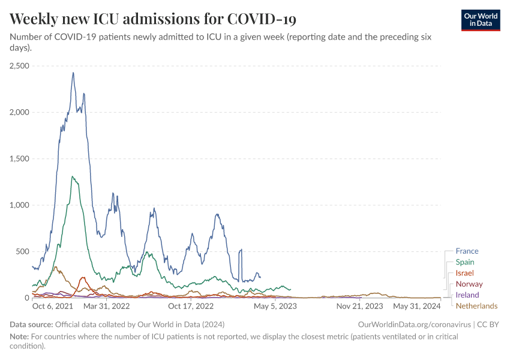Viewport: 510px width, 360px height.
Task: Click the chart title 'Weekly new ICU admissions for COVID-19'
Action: [x=153, y=19]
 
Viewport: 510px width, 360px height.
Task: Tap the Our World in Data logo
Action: [x=481, y=20]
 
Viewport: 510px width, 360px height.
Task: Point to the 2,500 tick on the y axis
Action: [x=20, y=66]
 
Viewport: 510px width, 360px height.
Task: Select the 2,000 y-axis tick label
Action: [x=20, y=112]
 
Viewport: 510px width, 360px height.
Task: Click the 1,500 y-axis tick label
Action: [x=20, y=158]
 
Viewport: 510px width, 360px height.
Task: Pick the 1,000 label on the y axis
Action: [x=20, y=205]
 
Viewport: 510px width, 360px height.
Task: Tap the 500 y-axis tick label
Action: [x=23, y=251]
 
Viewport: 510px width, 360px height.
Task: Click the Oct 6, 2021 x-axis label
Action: [x=52, y=306]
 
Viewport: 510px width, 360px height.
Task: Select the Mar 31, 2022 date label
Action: [x=107, y=306]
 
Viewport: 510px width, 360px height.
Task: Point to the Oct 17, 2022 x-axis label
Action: [x=191, y=306]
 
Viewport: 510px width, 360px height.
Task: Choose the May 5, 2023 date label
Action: [x=275, y=306]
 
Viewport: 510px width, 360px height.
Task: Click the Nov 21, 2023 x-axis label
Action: [x=359, y=306]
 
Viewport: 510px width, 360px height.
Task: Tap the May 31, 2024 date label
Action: [x=417, y=306]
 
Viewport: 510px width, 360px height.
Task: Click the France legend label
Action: [x=467, y=251]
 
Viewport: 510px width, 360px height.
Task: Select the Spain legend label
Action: [x=465, y=262]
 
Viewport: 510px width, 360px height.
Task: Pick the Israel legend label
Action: [x=464, y=273]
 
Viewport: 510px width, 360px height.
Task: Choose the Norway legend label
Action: [x=469, y=284]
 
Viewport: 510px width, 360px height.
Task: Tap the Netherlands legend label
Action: [x=476, y=306]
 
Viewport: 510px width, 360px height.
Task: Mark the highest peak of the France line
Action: [x=73, y=73]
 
